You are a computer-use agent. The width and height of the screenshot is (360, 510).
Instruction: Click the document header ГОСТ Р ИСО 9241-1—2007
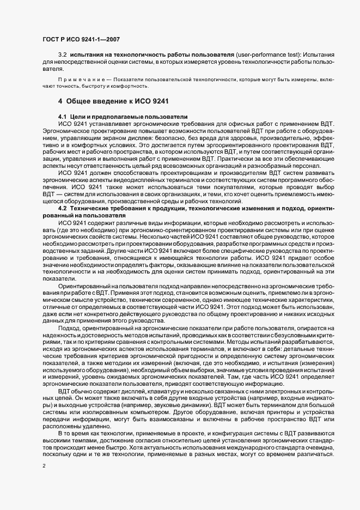(81, 40)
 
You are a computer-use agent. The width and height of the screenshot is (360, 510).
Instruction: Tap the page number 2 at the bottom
(45, 466)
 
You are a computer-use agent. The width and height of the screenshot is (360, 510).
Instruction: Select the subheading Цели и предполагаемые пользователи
(128, 117)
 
